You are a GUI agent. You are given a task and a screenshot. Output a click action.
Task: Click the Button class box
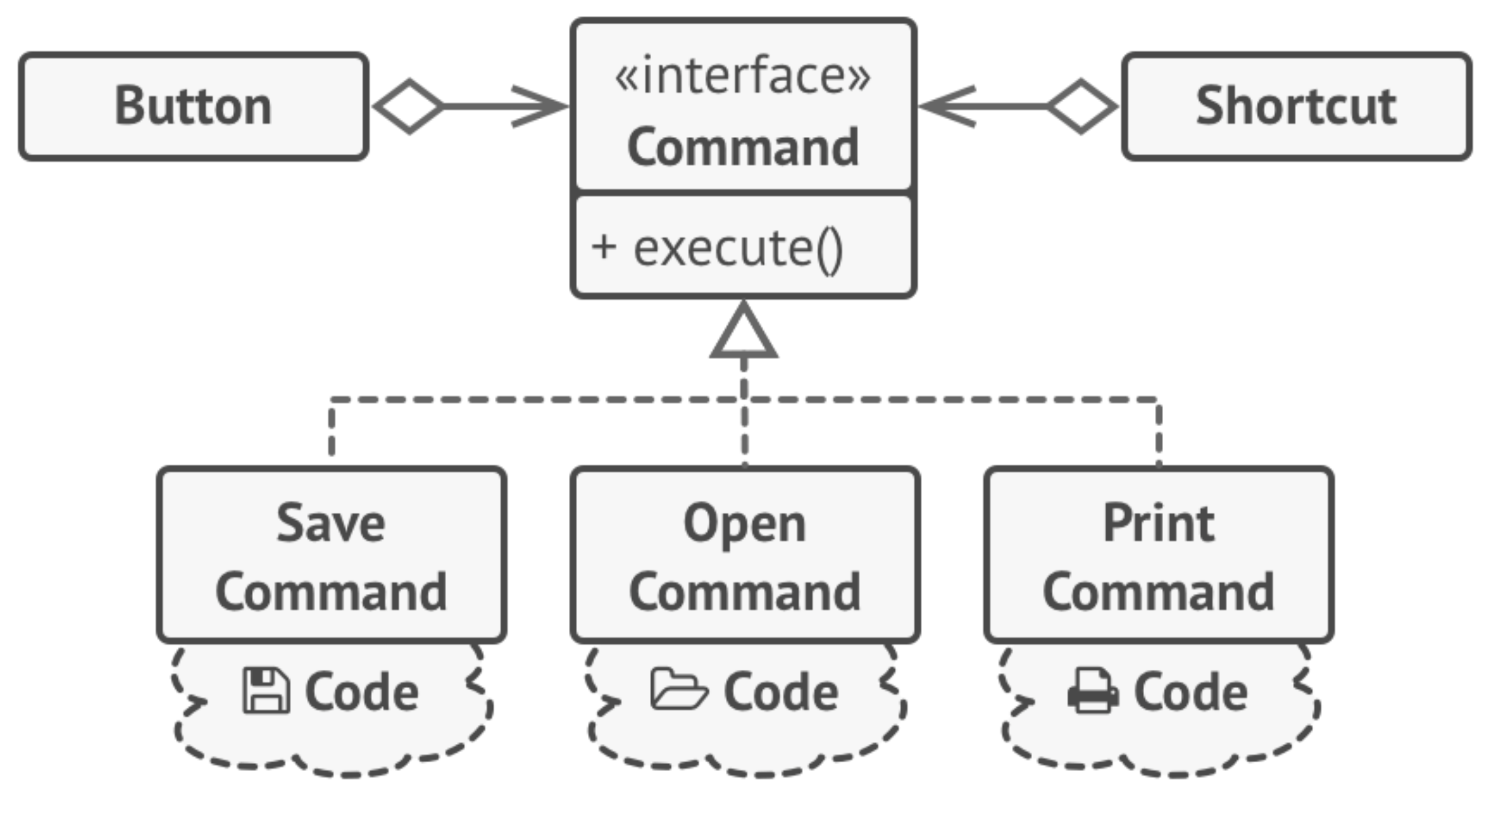(193, 106)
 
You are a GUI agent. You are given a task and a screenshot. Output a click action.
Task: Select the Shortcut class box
(1296, 106)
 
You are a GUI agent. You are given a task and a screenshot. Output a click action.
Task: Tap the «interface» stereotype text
(742, 76)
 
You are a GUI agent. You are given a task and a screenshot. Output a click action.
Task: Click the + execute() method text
(716, 249)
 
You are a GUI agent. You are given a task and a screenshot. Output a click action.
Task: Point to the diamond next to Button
(409, 107)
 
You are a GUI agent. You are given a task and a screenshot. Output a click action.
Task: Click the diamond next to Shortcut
(1081, 107)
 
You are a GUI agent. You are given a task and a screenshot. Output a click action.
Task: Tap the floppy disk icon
(266, 691)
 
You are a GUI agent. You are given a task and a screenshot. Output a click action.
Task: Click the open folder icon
(678, 689)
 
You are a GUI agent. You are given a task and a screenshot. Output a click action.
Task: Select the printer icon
(1093, 691)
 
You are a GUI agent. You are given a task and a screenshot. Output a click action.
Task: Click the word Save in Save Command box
(331, 523)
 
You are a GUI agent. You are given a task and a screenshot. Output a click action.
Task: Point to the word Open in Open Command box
(744, 524)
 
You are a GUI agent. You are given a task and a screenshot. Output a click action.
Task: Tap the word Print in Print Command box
(1158, 523)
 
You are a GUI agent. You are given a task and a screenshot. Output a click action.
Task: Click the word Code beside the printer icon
(1191, 692)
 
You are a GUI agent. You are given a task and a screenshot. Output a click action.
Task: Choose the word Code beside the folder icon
(781, 692)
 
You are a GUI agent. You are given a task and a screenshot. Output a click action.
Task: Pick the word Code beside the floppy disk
(361, 692)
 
